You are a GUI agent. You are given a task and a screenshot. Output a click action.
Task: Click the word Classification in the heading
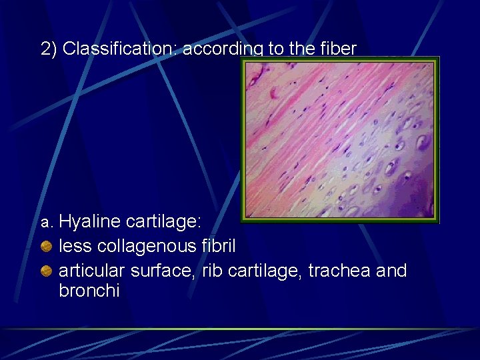point(119,49)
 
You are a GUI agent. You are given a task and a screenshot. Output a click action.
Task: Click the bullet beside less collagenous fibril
point(46,247)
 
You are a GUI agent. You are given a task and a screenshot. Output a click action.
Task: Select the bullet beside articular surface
point(46,271)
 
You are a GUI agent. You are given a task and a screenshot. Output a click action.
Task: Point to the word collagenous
point(147,246)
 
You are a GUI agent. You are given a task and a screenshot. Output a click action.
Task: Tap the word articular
point(93,270)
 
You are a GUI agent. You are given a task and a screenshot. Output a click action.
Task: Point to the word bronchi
point(89,291)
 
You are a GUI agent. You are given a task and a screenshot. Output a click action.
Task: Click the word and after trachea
point(391,270)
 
